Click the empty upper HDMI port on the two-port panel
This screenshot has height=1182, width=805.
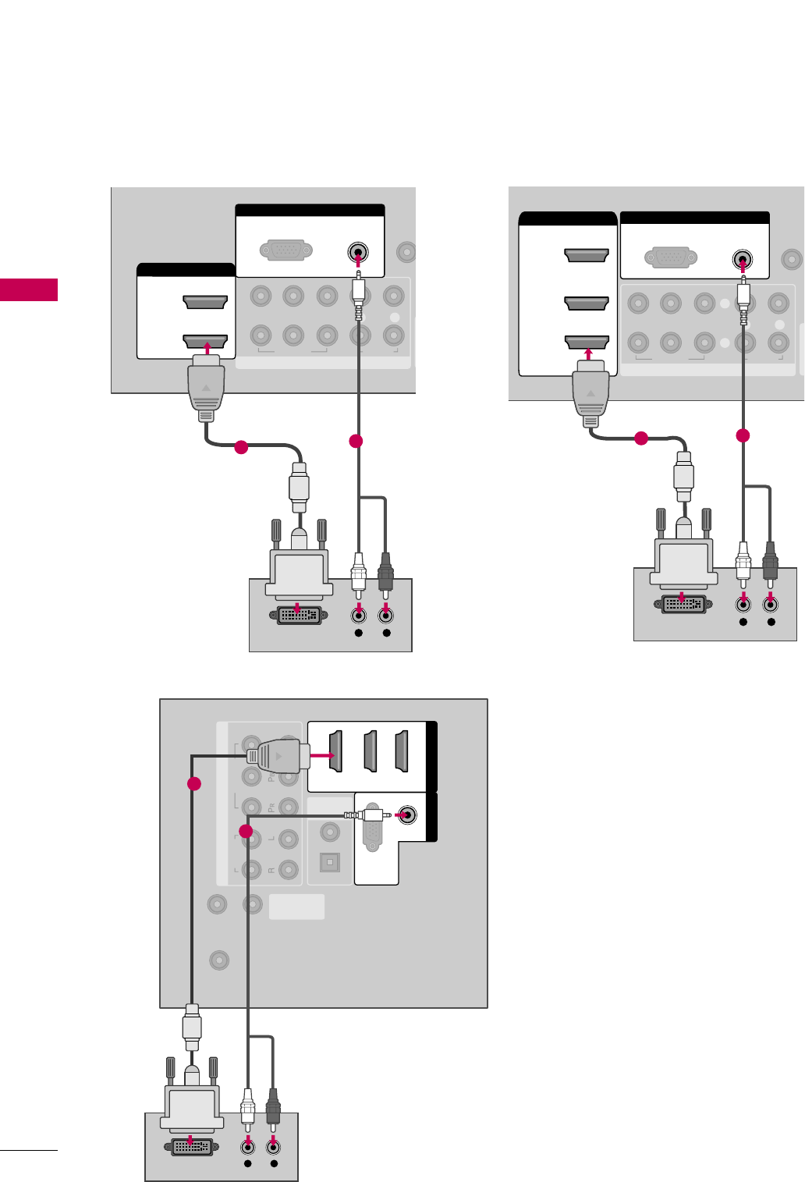point(205,302)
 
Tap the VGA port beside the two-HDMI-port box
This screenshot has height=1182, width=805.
point(286,251)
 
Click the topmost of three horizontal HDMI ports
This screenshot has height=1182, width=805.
point(587,255)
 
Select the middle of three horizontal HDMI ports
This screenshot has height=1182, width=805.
point(587,303)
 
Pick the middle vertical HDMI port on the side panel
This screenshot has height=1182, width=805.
point(371,751)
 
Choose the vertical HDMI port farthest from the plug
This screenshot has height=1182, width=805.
point(402,751)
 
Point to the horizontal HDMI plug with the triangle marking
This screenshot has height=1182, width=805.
point(278,756)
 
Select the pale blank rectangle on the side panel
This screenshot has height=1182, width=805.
point(296,907)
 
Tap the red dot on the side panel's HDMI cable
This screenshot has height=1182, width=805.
point(194,783)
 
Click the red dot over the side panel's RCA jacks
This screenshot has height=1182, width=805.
point(246,832)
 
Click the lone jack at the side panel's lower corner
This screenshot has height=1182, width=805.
point(219,960)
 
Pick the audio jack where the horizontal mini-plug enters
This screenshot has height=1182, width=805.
point(406,816)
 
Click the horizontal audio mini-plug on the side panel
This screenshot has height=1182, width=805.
point(367,816)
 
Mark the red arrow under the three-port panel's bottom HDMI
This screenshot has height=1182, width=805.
point(588,357)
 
